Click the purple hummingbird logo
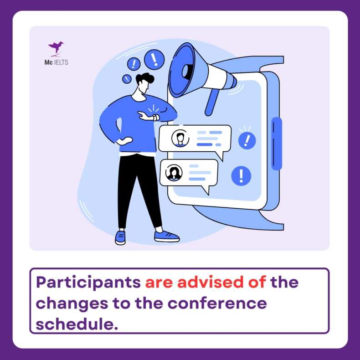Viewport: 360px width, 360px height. pos(56,48)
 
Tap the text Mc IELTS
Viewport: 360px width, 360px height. pos(56,62)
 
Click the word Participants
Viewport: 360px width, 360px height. pos(88,283)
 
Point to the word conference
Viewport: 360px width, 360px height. pos(217,303)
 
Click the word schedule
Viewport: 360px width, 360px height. pos(77,324)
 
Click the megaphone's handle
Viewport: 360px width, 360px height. pos(212,102)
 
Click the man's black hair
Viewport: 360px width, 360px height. pos(144,78)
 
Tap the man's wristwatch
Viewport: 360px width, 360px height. pos(156,117)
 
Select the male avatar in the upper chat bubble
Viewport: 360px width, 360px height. pos(180,138)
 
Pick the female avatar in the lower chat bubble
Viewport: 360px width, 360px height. pos(174,172)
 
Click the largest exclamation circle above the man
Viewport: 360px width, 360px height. pos(154,59)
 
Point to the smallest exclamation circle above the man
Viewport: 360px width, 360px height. pos(127,79)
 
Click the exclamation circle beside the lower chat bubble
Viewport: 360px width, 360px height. pos(241,176)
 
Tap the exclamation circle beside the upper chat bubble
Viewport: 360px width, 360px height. pos(247,140)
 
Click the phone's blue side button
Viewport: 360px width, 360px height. pos(277,144)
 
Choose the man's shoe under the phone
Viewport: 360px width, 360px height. pos(166,236)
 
